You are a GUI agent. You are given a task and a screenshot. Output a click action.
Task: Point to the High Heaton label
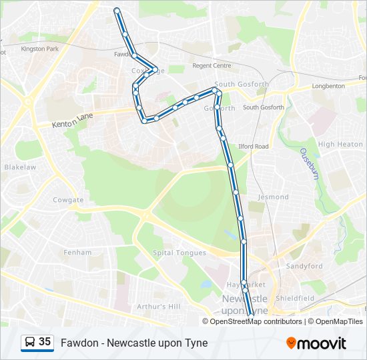(x=340, y=144)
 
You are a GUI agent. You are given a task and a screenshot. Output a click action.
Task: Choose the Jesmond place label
(x=273, y=197)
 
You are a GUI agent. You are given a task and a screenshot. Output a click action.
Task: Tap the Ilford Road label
(x=253, y=146)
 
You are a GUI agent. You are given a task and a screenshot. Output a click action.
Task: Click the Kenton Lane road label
(x=71, y=120)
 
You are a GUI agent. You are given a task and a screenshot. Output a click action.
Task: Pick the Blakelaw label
(x=19, y=167)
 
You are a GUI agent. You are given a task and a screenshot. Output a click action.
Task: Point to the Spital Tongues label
(x=179, y=253)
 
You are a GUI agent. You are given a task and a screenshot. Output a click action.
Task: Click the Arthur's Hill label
(x=158, y=306)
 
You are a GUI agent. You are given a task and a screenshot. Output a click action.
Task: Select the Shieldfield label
(x=294, y=298)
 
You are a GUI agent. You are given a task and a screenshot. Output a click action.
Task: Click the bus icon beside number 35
(x=29, y=342)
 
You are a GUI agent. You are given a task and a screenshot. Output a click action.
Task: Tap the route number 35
(x=45, y=342)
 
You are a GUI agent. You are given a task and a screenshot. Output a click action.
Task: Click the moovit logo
(x=316, y=343)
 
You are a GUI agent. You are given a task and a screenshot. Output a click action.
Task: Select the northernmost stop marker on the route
(x=117, y=10)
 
